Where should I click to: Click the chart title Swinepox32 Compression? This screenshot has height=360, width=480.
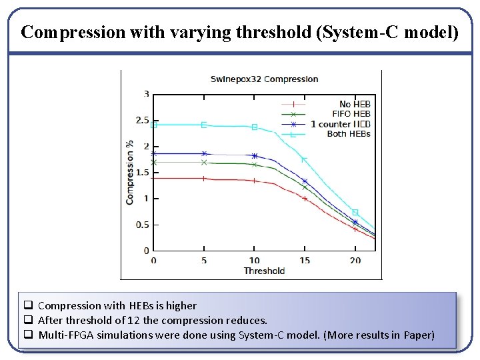pyautogui.click(x=264, y=79)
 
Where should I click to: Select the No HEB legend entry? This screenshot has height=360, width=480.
pyautogui.click(x=354, y=104)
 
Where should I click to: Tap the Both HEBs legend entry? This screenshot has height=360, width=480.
pyautogui.click(x=348, y=134)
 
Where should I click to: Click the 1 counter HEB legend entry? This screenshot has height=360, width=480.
pyautogui.click(x=340, y=124)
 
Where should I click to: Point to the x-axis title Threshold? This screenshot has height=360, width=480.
pyautogui.click(x=264, y=271)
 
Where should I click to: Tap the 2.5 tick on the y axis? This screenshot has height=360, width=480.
pyautogui.click(x=142, y=120)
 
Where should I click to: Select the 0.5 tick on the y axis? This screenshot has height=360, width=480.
pyautogui.click(x=142, y=225)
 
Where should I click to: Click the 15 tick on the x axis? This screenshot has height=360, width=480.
pyautogui.click(x=305, y=260)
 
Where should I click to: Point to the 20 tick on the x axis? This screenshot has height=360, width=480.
pyautogui.click(x=355, y=260)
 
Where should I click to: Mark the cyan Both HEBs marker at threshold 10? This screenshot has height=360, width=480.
pyautogui.click(x=255, y=127)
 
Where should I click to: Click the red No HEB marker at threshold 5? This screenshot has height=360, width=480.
pyautogui.click(x=204, y=179)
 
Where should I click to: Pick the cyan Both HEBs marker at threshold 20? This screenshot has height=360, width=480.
pyautogui.click(x=355, y=212)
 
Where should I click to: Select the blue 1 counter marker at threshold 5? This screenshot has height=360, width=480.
pyautogui.click(x=204, y=153)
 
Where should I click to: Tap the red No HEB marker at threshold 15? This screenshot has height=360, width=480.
pyautogui.click(x=305, y=198)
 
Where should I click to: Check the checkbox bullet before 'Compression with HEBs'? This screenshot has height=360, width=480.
pyautogui.click(x=29, y=305)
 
